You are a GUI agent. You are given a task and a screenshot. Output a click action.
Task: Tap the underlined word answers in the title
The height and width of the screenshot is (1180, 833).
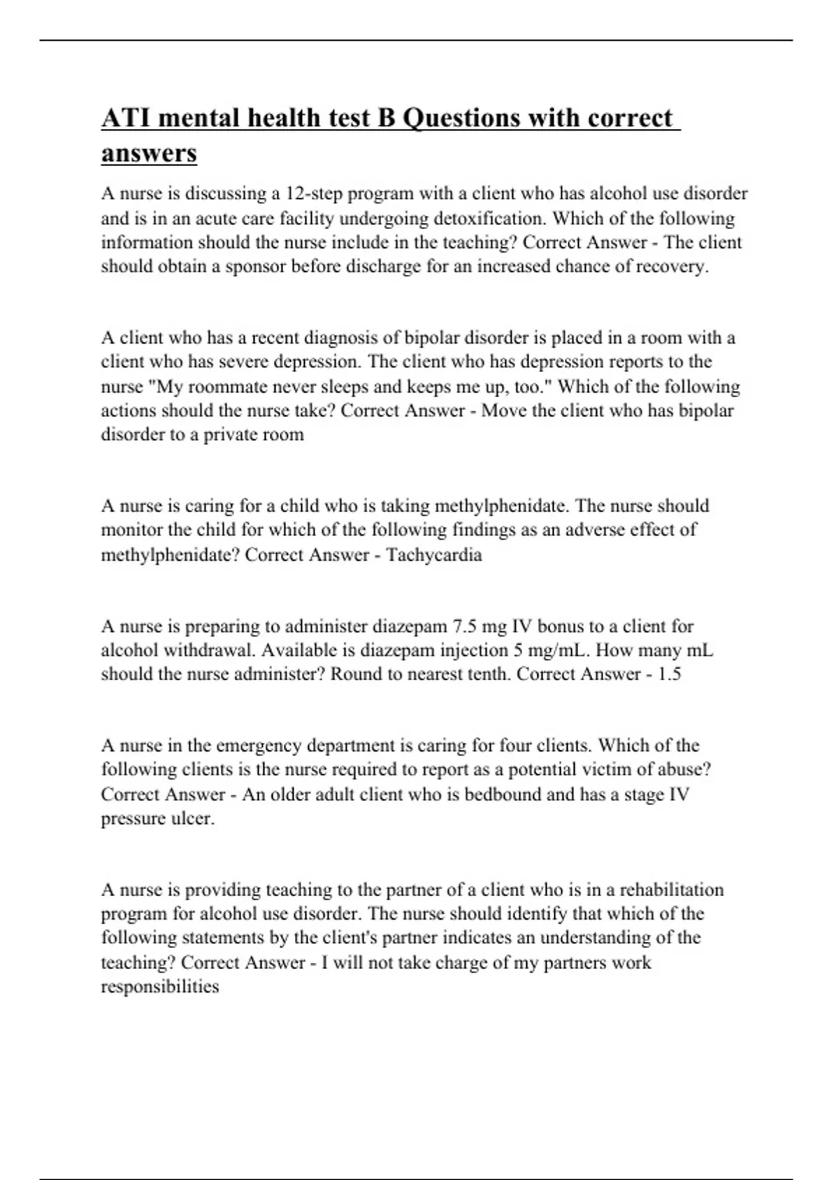point(149,153)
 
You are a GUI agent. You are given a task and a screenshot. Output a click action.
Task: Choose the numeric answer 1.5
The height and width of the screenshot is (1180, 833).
point(669,674)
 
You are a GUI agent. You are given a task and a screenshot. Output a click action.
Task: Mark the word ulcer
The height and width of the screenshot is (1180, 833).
point(192,818)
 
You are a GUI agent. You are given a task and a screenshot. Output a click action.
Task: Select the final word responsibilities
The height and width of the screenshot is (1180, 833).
point(160,986)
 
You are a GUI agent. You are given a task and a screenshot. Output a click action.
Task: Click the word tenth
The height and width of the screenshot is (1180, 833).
point(485,674)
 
